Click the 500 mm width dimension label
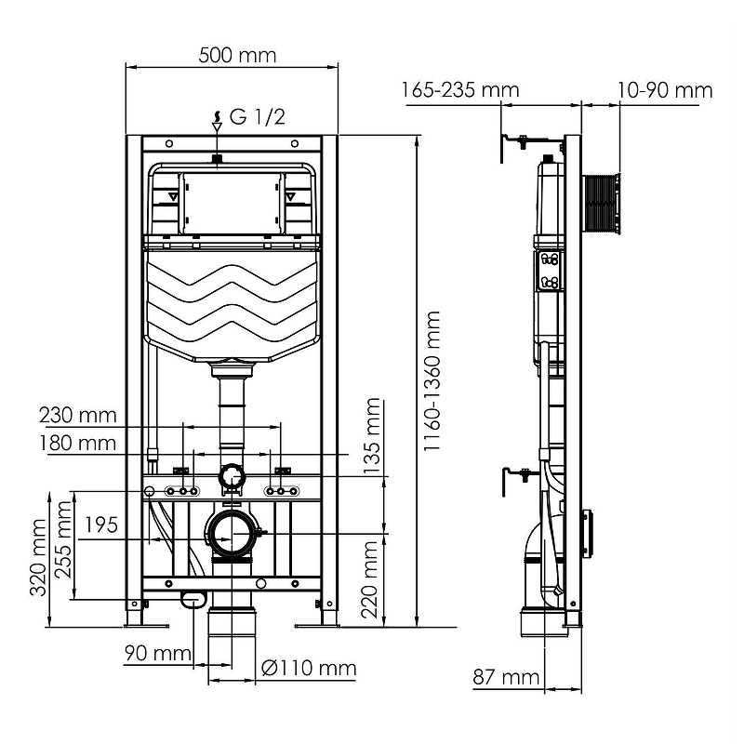coord(237,56)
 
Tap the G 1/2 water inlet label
coord(258,117)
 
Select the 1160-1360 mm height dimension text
coord(432,381)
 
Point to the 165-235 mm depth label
coord(460,89)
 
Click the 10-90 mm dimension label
coord(665,90)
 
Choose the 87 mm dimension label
coord(506,677)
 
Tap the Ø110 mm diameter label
coord(309,668)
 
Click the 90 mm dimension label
coord(158,654)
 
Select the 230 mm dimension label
coord(78,415)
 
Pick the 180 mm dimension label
coord(78,444)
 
